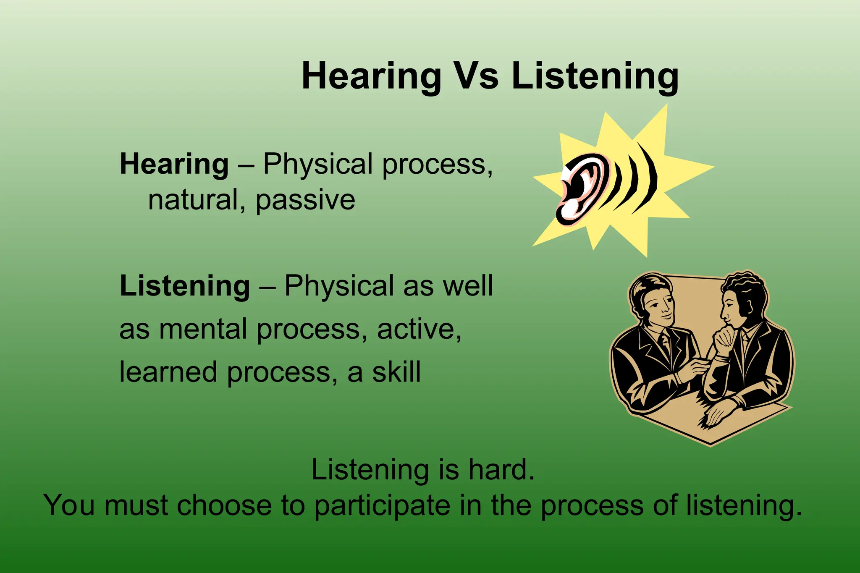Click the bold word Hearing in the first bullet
coord(174,164)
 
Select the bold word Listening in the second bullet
coord(185,286)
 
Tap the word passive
coord(305,200)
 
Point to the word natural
coord(193,200)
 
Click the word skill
coord(396,372)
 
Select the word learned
coord(168,372)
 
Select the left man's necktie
coord(665,342)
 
